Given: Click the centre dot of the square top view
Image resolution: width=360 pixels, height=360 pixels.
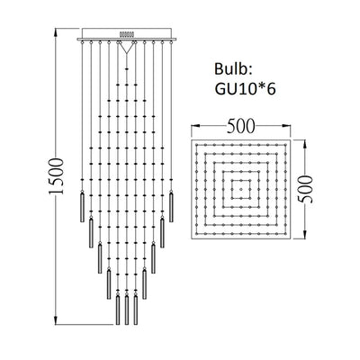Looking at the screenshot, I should pos(243,189).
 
